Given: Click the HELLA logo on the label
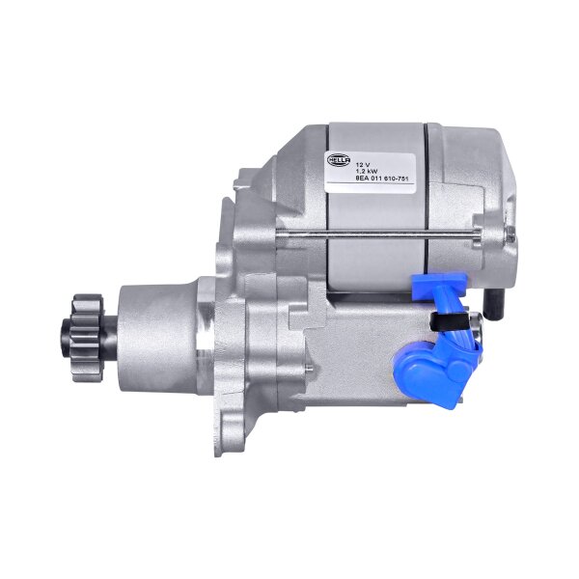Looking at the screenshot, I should [342, 159].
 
